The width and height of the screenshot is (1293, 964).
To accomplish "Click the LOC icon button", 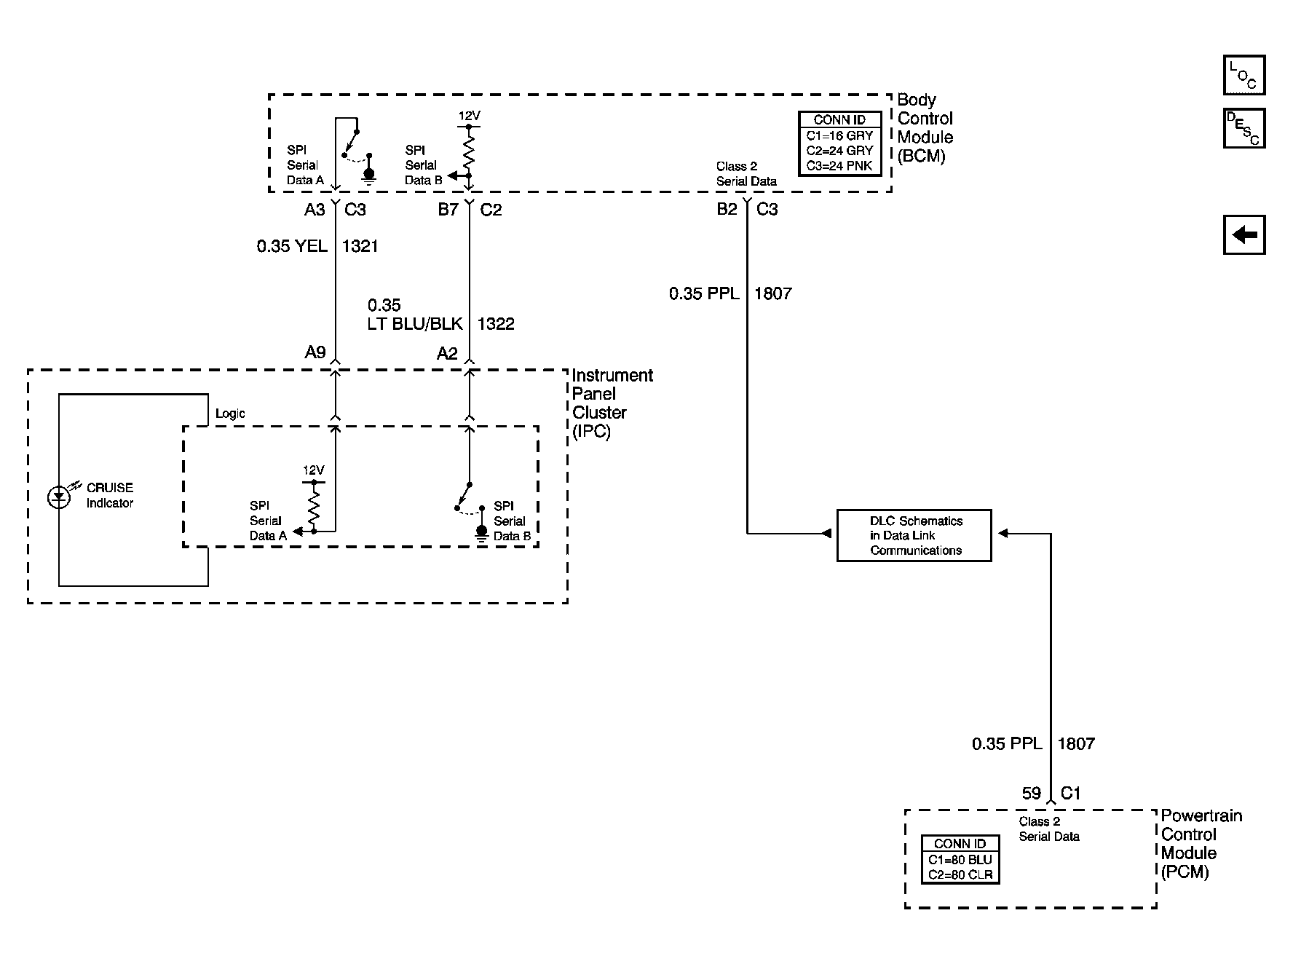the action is [1244, 75].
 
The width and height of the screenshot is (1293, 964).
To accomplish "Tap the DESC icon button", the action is [1244, 129].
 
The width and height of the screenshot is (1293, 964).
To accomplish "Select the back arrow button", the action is [1244, 234].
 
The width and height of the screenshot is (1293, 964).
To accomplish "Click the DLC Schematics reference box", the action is [914, 535].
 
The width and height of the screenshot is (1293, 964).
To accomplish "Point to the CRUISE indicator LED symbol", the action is [59, 497].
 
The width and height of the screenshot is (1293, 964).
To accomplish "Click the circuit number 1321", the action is [360, 247].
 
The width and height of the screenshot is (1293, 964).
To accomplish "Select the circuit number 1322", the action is [496, 324].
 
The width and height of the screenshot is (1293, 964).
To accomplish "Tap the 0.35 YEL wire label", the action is [292, 247].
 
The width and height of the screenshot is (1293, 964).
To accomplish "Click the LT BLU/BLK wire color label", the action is [415, 324].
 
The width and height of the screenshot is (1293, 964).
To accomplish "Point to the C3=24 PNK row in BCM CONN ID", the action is [839, 166].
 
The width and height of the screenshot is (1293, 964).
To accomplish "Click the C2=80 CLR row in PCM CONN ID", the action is [960, 875].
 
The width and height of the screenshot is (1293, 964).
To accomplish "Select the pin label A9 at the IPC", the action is [315, 352].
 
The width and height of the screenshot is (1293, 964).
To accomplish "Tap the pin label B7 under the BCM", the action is [448, 210].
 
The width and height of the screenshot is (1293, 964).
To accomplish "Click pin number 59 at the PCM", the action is [1032, 794].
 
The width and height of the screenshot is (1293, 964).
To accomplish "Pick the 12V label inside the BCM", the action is [469, 116].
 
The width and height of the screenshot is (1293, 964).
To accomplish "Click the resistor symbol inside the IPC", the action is [314, 507].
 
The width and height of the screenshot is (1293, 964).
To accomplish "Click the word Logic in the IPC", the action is [230, 414].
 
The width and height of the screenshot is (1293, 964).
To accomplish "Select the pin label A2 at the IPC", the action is [447, 354].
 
